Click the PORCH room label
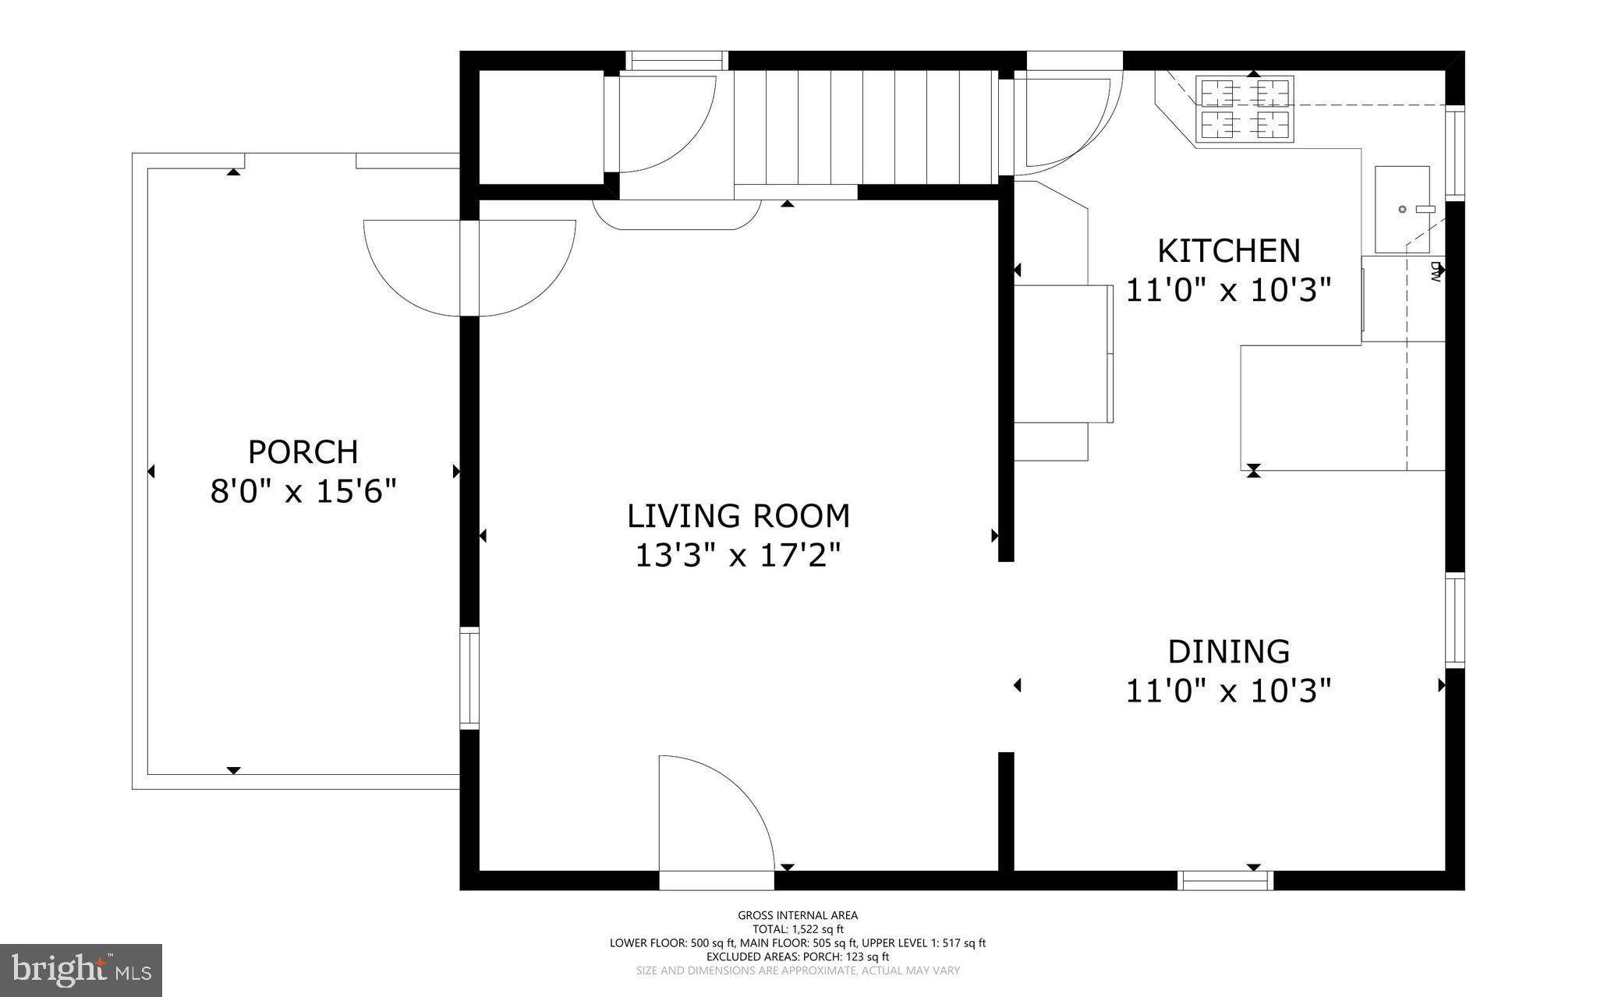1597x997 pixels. click(303, 452)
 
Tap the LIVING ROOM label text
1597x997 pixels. click(738, 516)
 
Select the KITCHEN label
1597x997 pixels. click(1228, 251)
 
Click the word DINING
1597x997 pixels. click(1228, 651)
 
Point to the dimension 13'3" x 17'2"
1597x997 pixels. click(738, 556)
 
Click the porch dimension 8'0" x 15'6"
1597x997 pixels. click(303, 492)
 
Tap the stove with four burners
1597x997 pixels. click(1245, 109)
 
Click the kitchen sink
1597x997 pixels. click(1401, 209)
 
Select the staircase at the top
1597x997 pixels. click(866, 126)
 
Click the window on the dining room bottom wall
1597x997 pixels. click(1225, 880)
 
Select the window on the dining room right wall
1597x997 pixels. click(1454, 620)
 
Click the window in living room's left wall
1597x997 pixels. click(469, 678)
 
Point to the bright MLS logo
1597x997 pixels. click(81, 970)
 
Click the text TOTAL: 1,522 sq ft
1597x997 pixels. click(798, 929)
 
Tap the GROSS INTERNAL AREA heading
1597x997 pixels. click(798, 915)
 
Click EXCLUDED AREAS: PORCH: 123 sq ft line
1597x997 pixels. click(798, 956)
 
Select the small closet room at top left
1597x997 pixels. click(540, 127)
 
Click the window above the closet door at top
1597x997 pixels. click(677, 60)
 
